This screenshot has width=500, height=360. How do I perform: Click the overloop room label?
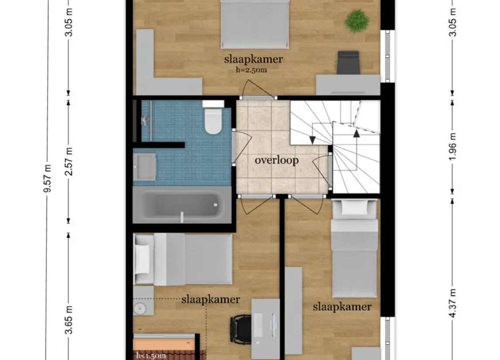click(276, 160)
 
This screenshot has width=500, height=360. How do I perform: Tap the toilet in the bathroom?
click(213, 117)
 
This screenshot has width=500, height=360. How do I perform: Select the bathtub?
click(182, 205)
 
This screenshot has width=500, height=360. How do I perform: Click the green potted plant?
click(357, 21)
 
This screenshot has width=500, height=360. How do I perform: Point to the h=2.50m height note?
click(251, 70)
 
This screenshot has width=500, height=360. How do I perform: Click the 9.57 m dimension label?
click(48, 179)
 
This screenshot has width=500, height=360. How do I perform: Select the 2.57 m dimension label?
click(69, 161)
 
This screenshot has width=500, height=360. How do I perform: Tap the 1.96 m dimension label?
click(452, 147)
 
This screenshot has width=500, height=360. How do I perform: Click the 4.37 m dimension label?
click(452, 304)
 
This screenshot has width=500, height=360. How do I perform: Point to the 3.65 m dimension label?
click(69, 319)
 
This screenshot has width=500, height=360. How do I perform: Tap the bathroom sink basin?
click(145, 167)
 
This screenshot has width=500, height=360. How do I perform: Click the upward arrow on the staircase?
click(356, 133)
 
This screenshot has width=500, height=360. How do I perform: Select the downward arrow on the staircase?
click(313, 140)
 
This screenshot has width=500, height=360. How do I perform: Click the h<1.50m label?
click(151, 356)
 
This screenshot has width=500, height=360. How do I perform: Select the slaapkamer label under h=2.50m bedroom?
click(254, 59)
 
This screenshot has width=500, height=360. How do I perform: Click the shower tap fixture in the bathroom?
click(145, 120)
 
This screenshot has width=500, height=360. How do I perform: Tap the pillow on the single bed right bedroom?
click(354, 208)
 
